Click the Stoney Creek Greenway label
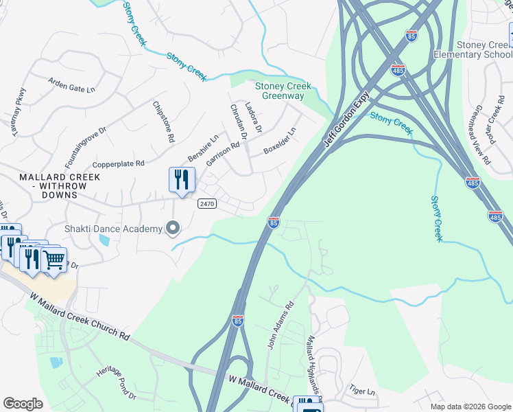[x=283, y=91]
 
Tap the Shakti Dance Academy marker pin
[x=174, y=229]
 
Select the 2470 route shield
[x=206, y=204]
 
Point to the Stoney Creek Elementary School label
[x=484, y=49]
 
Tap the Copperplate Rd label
[x=119, y=164]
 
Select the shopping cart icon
[x=53, y=260]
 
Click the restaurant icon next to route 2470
[x=182, y=180]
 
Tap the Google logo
[x=23, y=404]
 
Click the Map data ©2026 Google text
[x=470, y=407]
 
